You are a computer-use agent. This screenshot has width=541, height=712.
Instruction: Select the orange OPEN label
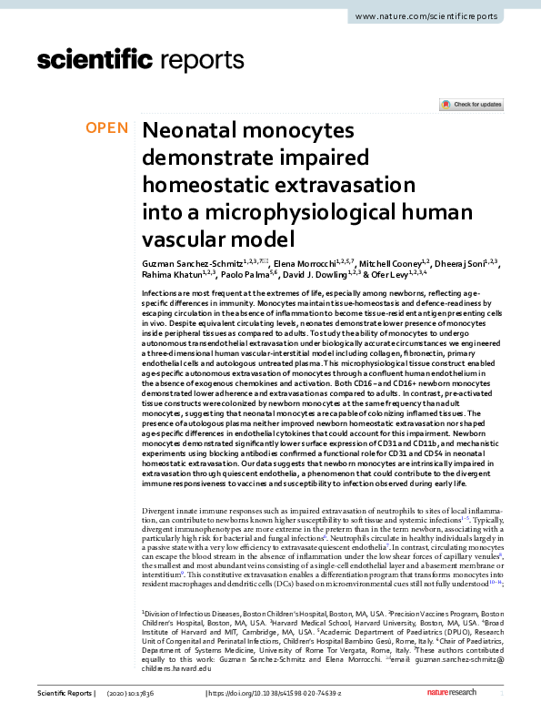(x=106, y=128)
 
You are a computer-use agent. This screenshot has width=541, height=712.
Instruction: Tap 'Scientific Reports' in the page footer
(x=65, y=694)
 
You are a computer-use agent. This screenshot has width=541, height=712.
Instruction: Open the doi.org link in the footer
(x=276, y=694)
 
